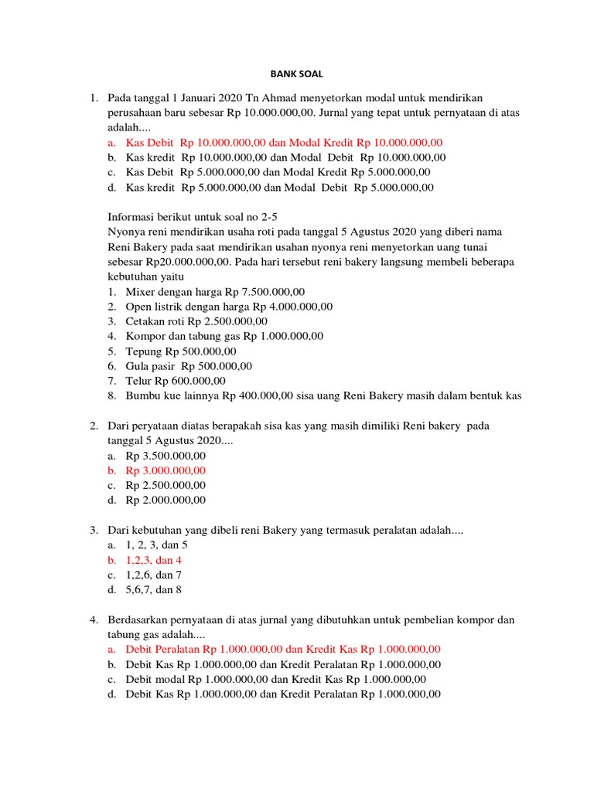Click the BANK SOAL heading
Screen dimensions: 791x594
pos(296,74)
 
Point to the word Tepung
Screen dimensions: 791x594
pos(144,351)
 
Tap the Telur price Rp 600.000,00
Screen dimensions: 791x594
pos(190,380)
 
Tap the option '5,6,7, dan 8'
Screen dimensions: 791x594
pos(153,590)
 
